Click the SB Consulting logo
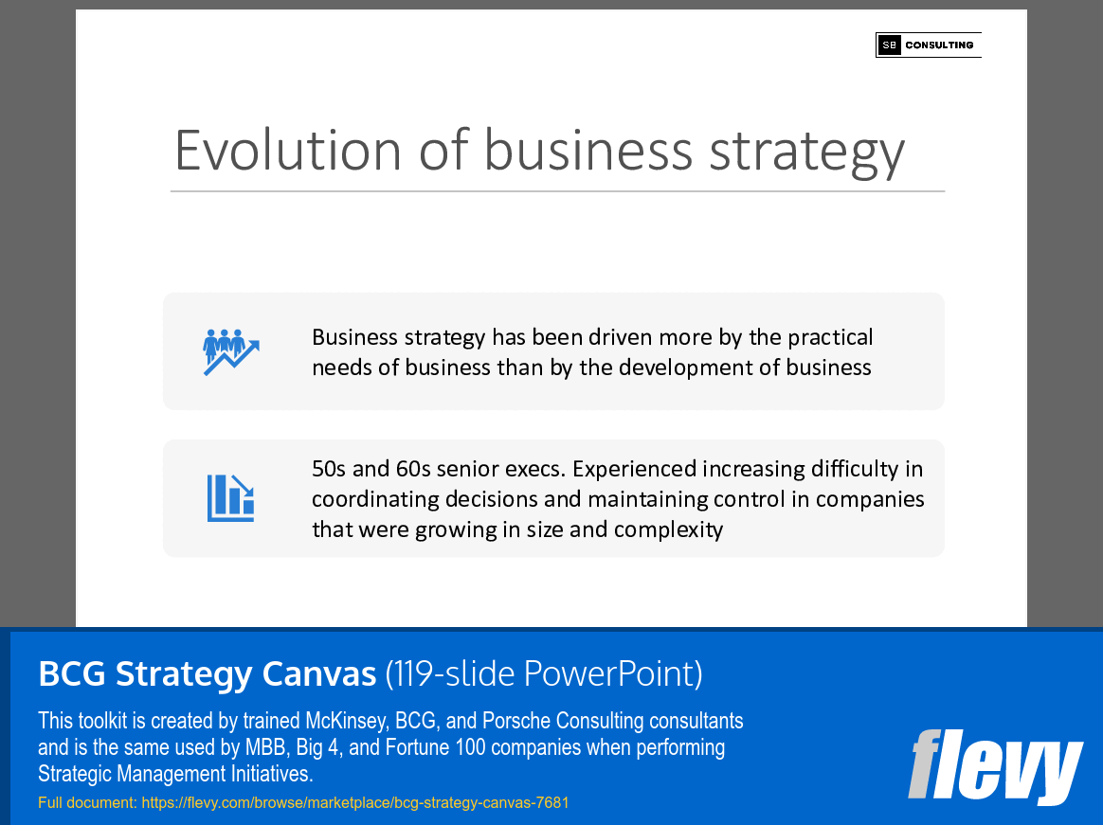[x=928, y=45]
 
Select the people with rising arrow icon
[x=230, y=351]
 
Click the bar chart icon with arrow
[x=230, y=498]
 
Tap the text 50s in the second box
[x=330, y=469]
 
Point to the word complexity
[x=668, y=529]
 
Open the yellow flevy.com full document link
[x=354, y=802]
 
